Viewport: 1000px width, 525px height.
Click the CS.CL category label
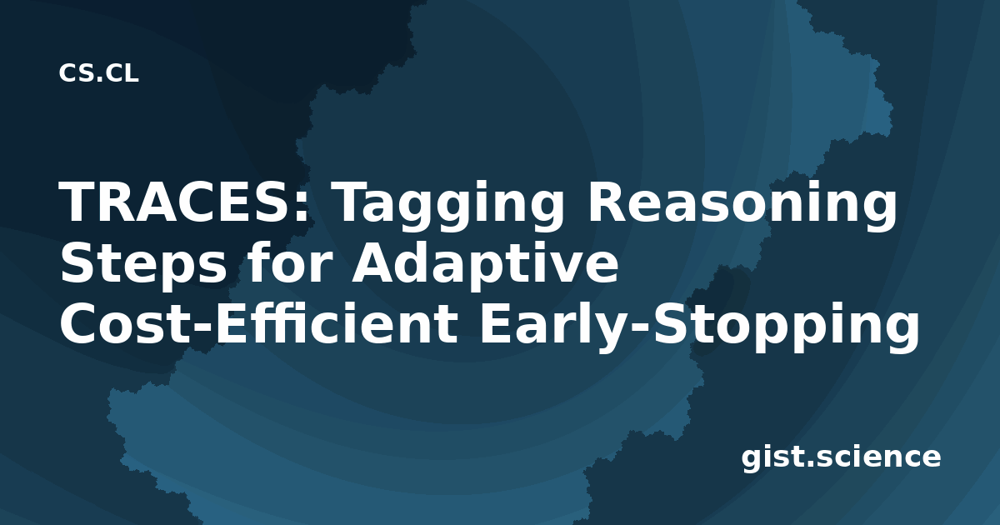(x=98, y=73)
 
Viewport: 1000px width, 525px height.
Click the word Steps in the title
(x=142, y=267)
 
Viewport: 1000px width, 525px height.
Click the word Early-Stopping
(x=699, y=327)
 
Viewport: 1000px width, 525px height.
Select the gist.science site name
(x=841, y=458)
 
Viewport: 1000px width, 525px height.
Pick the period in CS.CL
(x=99, y=79)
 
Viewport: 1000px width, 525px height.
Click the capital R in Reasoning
(x=607, y=202)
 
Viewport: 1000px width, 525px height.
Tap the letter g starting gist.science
(x=754, y=461)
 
